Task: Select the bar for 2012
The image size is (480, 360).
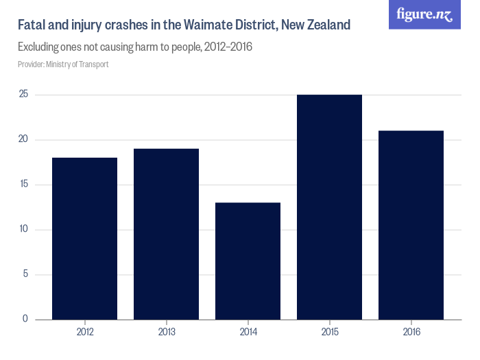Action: [x=85, y=239]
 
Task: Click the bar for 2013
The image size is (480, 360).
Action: [x=167, y=234]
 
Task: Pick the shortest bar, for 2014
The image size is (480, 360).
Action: [x=248, y=261]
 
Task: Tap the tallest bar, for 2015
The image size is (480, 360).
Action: [x=330, y=207]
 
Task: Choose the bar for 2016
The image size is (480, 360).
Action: [x=411, y=225]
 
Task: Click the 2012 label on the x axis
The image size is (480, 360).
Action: [x=85, y=332]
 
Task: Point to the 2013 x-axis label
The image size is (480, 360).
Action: [x=167, y=332]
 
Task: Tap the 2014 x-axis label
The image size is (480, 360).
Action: [x=248, y=332]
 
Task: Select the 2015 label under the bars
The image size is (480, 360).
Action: [x=330, y=332]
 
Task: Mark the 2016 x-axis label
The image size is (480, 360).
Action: [x=411, y=332]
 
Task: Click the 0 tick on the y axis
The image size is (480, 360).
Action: [x=25, y=319]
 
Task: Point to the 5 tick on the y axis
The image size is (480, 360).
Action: [x=25, y=274]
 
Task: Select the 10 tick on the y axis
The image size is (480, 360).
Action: [x=23, y=230]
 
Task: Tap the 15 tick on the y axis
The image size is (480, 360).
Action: [x=23, y=184]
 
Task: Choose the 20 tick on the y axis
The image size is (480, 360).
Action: [x=23, y=140]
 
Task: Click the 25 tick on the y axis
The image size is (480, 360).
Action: [x=23, y=95]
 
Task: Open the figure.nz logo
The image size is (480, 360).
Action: [x=424, y=14]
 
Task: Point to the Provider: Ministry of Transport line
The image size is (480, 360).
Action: [x=63, y=64]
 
